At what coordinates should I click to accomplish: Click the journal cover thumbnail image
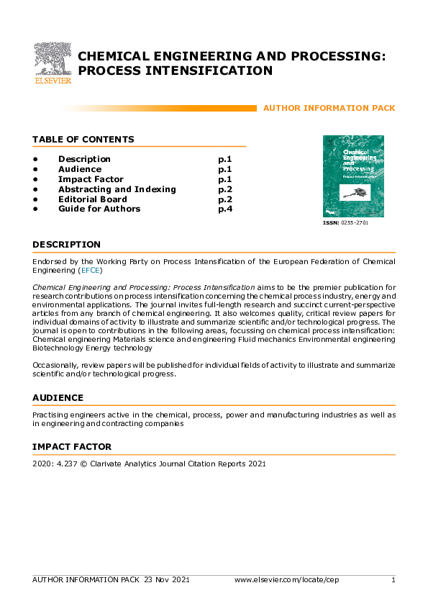tap(353, 176)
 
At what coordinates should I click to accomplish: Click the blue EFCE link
tap(91, 271)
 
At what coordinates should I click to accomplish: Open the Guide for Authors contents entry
tap(99, 209)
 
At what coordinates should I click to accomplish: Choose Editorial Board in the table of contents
tap(92, 199)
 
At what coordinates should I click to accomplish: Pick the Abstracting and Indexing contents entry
tap(117, 189)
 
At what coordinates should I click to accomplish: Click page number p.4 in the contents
tap(224, 209)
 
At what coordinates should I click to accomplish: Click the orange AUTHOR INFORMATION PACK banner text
tap(329, 108)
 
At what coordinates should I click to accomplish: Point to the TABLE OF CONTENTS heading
tap(83, 140)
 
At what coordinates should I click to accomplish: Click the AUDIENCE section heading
tap(58, 398)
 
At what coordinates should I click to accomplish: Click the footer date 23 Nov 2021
tap(166, 579)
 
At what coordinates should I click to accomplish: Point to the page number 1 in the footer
tap(393, 579)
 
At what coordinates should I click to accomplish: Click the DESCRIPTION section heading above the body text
tap(66, 245)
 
